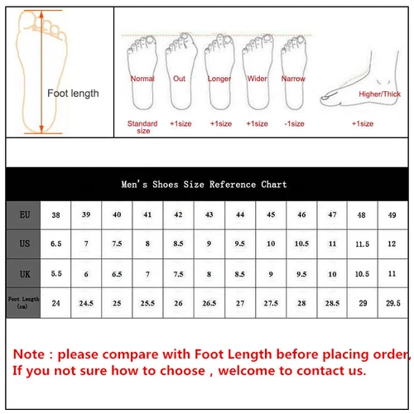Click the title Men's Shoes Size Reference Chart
pos(204,185)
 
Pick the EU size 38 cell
pos(55,214)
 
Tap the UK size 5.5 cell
pos(55,272)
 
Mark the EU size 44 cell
pos(240,214)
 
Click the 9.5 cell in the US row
pos(240,244)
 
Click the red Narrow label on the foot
pos(293,79)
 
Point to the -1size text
pos(293,123)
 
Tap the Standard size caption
pos(142,127)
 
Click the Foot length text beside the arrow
pos(72,94)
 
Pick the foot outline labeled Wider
pos(258,75)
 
